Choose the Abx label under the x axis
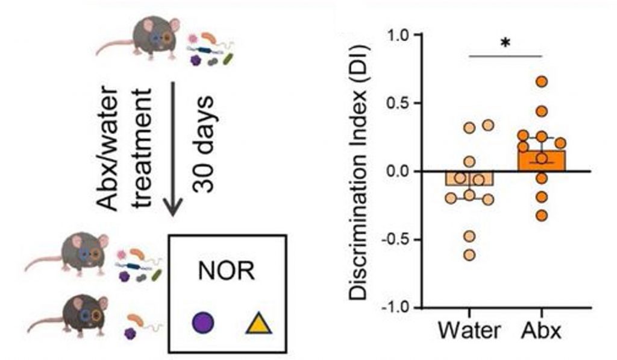tap(540, 331)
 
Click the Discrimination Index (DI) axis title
tap(360, 172)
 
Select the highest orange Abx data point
tap(542, 81)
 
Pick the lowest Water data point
tap(469, 254)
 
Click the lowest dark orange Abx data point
tap(542, 215)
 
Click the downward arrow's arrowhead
tap(174, 208)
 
